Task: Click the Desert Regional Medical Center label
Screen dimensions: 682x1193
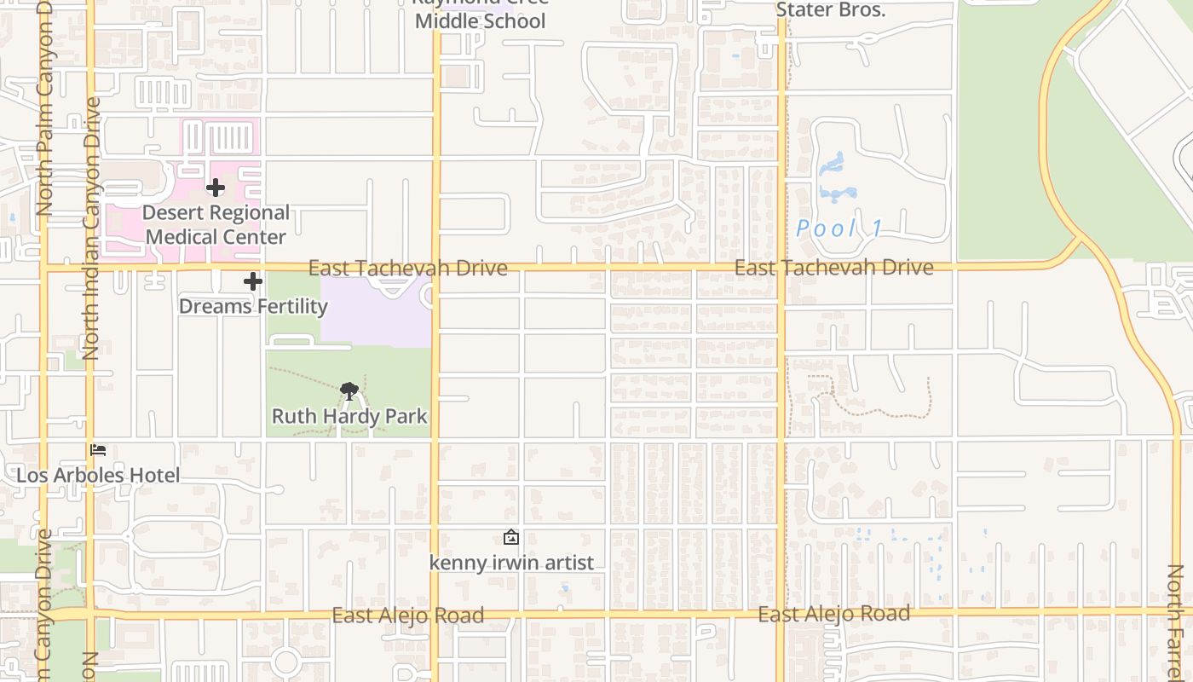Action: (216, 224)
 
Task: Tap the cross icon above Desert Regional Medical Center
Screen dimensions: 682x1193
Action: (216, 187)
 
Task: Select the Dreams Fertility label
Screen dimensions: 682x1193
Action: (253, 306)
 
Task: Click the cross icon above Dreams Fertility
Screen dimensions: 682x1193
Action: (253, 281)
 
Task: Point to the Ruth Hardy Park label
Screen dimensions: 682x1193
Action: (349, 416)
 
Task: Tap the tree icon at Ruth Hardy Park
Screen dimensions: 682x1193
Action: (349, 391)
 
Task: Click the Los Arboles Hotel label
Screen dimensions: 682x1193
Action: (99, 475)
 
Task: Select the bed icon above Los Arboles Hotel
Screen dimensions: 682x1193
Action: (99, 449)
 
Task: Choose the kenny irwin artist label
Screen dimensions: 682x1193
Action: (511, 563)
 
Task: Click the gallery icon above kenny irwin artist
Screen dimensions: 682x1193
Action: (511, 537)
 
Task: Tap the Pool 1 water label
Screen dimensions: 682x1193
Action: (839, 228)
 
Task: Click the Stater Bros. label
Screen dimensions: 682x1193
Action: (831, 11)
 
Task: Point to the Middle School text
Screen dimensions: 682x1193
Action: (480, 20)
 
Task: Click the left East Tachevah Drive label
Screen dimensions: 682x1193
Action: (408, 268)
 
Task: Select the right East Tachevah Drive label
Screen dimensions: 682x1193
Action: (834, 268)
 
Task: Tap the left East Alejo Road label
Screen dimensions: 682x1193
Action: (408, 616)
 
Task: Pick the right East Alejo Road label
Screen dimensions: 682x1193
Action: (834, 614)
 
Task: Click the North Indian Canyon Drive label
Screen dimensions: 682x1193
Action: (91, 228)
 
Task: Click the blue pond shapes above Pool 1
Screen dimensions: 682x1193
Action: (833, 176)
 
